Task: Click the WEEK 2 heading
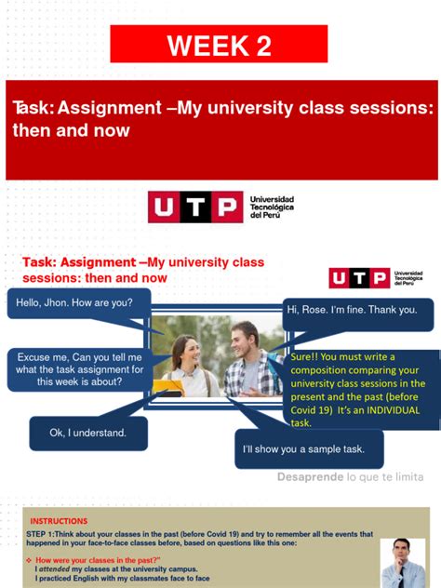click(x=220, y=46)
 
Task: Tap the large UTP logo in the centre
click(x=194, y=207)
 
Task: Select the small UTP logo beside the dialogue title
click(x=358, y=278)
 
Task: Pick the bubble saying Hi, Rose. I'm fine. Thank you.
click(x=357, y=310)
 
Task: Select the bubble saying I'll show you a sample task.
click(x=309, y=450)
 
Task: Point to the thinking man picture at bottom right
click(x=402, y=562)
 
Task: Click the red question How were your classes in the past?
click(x=98, y=560)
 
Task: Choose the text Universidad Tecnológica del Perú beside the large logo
click(x=272, y=207)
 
